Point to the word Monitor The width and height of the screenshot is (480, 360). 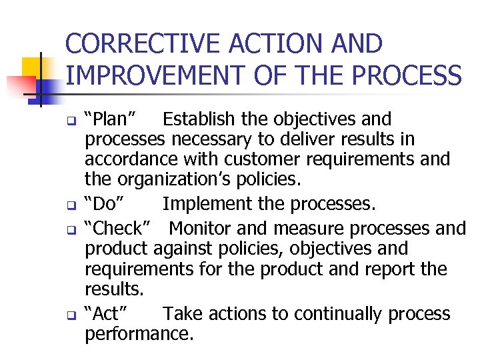tap(200, 229)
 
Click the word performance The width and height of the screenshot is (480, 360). tap(139, 333)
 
